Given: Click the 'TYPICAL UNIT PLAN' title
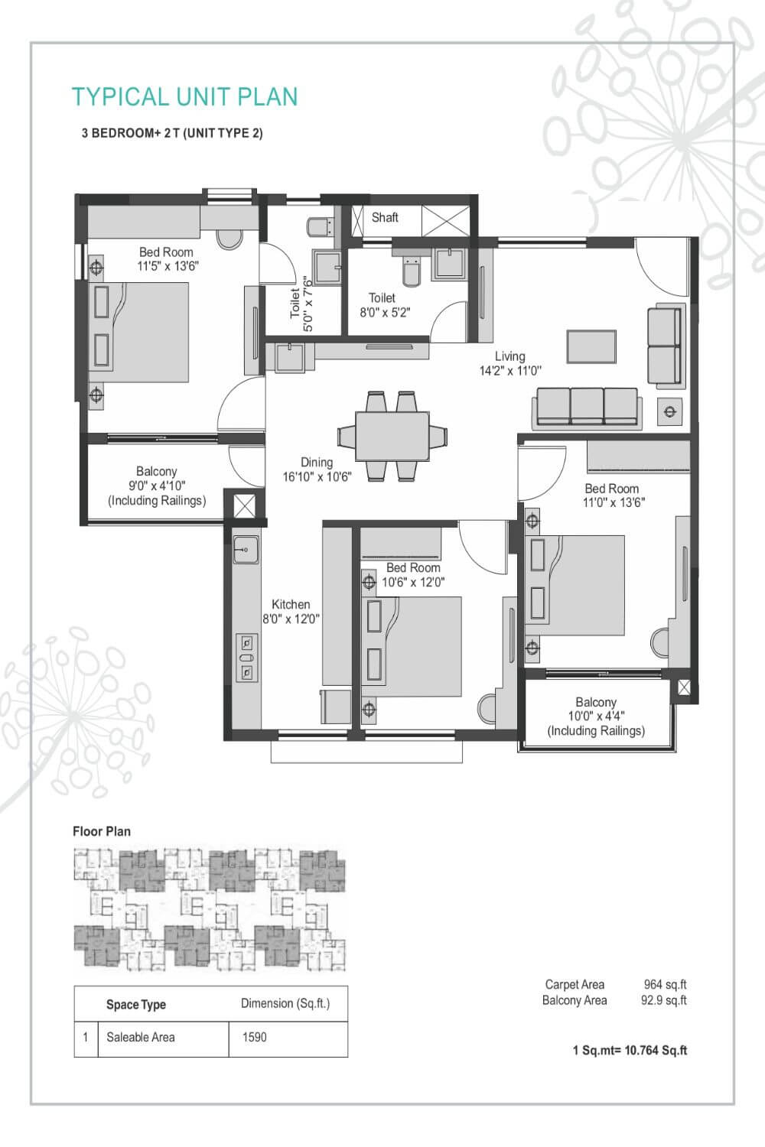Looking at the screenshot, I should point(184,97).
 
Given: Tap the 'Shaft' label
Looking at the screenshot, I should point(384,217).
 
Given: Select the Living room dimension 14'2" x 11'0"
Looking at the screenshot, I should point(509,371).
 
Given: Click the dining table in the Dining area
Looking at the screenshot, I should point(392,436).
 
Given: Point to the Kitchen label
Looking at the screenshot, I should point(291,604).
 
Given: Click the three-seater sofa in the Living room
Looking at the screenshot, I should point(587,405).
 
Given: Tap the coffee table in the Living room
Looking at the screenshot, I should point(591,346).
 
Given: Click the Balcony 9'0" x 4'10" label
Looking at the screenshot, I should point(157,486).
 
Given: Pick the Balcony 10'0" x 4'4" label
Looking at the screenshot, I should point(596,716).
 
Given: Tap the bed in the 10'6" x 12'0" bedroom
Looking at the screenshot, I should point(413,646).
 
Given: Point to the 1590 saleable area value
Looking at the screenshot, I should point(254,1037).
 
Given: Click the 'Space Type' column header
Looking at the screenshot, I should point(136,1004).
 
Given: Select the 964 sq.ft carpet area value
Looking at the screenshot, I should point(665,985).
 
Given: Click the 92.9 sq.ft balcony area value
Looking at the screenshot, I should point(663,1000).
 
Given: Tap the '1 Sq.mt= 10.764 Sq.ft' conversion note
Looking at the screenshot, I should point(630,1050).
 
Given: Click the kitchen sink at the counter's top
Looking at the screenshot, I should point(246,548).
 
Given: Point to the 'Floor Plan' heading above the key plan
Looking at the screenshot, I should point(102,831).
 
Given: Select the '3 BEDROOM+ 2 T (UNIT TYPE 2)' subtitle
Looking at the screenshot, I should point(172,133).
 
